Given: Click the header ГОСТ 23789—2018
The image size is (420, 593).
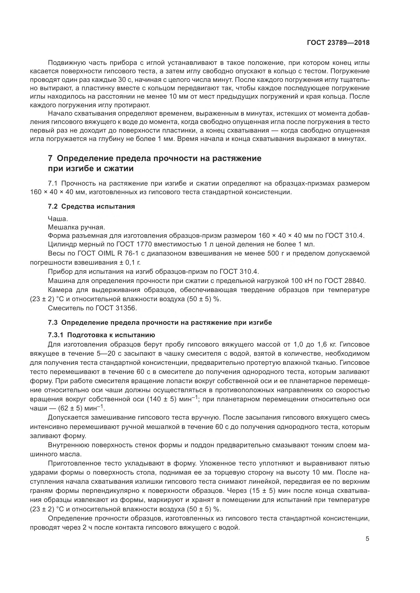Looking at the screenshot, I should coord(338,43).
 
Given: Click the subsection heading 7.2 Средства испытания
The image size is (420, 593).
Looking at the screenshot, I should coord(91,207).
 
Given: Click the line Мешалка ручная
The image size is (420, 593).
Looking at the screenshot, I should coord(76,227).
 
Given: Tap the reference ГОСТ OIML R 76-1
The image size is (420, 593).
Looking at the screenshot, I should coord(99,253).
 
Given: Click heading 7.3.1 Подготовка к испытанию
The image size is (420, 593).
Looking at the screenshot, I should coord(101,335).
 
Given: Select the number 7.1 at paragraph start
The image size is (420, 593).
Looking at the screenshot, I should coord(54,184).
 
